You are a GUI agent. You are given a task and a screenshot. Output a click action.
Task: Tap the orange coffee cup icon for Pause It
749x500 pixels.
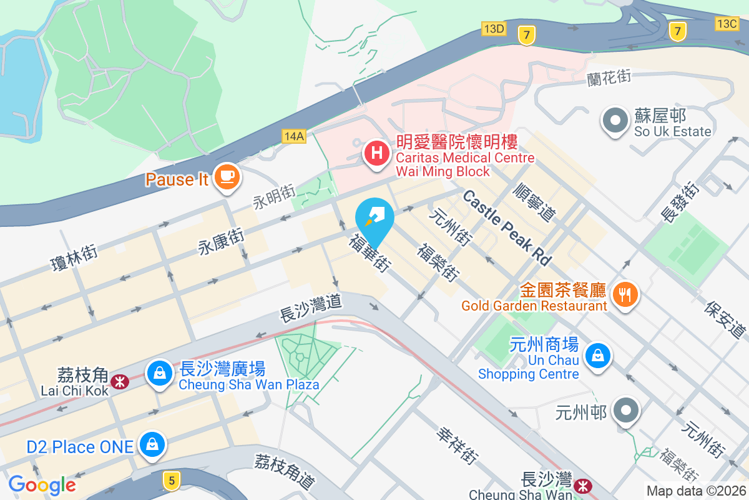coord(225,177)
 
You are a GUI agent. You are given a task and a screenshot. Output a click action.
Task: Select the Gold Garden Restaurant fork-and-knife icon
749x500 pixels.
coord(625,292)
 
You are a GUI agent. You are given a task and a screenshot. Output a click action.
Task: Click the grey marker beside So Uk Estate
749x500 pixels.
coord(615,120)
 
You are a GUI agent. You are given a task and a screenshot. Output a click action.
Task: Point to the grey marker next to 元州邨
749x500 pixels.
coord(625,411)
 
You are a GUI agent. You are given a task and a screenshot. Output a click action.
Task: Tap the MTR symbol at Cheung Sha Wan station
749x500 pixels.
coord(582,485)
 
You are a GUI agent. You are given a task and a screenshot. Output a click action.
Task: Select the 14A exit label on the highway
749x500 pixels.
coord(293,136)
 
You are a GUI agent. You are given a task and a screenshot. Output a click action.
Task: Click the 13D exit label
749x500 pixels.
coord(493,28)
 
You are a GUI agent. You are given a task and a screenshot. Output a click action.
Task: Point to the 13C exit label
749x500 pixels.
coord(727,23)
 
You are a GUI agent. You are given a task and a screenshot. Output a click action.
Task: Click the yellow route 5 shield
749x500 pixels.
coord(170,479)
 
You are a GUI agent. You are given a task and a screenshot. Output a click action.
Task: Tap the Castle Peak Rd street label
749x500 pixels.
coord(507,227)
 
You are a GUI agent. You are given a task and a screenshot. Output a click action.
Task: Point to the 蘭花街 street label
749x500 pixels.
coord(609,78)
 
